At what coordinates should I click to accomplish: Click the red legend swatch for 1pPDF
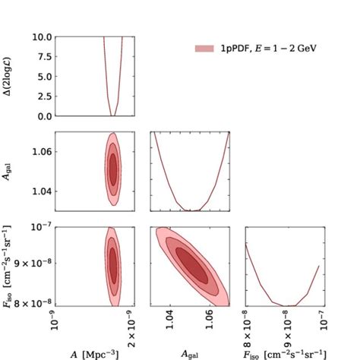(204, 48)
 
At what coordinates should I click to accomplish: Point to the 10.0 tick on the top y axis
(43, 36)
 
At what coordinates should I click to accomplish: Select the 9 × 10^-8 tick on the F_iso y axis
(34, 264)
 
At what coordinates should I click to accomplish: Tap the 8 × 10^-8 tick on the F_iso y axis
(34, 303)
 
